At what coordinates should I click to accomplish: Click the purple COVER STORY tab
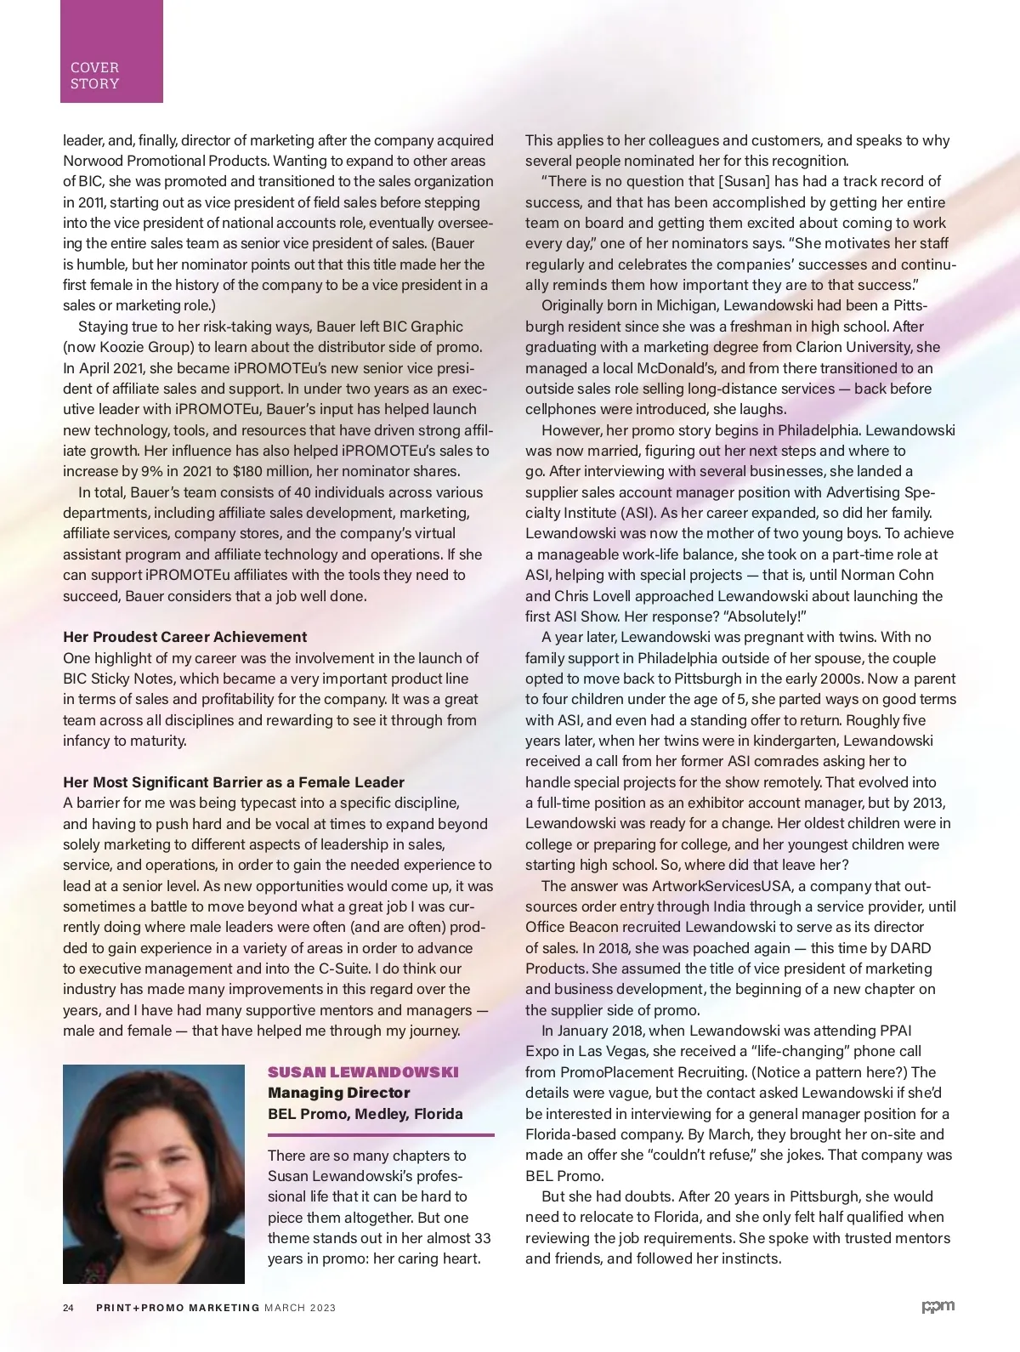click(110, 53)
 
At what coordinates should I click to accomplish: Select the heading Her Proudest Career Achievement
click(185, 637)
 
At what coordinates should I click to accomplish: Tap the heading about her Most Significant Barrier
click(234, 782)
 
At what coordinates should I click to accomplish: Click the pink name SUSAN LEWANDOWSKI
click(363, 1072)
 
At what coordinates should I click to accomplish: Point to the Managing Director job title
click(338, 1093)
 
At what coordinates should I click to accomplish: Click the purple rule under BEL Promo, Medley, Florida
click(381, 1134)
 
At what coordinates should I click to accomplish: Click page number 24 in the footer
click(69, 1308)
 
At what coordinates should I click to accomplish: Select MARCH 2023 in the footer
click(300, 1308)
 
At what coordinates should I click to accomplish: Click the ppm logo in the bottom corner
click(938, 1307)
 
